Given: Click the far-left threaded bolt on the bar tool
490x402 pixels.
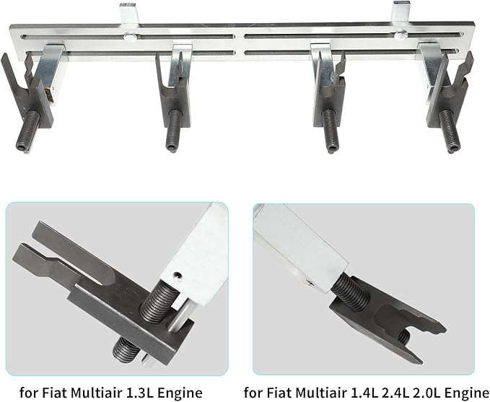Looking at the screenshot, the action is [x=28, y=131].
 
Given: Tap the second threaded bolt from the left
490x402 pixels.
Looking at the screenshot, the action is [x=174, y=130].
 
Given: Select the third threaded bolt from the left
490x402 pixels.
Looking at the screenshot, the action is [x=330, y=130].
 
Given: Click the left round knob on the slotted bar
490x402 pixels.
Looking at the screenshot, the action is [x=129, y=37].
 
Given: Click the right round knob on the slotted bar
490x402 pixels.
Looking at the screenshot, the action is [x=400, y=35].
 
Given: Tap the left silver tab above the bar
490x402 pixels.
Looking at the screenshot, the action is [x=128, y=14].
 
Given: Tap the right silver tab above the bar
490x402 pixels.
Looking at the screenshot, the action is [x=401, y=12].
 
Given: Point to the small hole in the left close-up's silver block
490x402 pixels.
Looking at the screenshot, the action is [x=178, y=275].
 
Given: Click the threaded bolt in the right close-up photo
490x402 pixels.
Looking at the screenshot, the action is [x=350, y=293].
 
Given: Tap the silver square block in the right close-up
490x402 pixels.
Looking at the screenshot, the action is [x=300, y=247].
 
